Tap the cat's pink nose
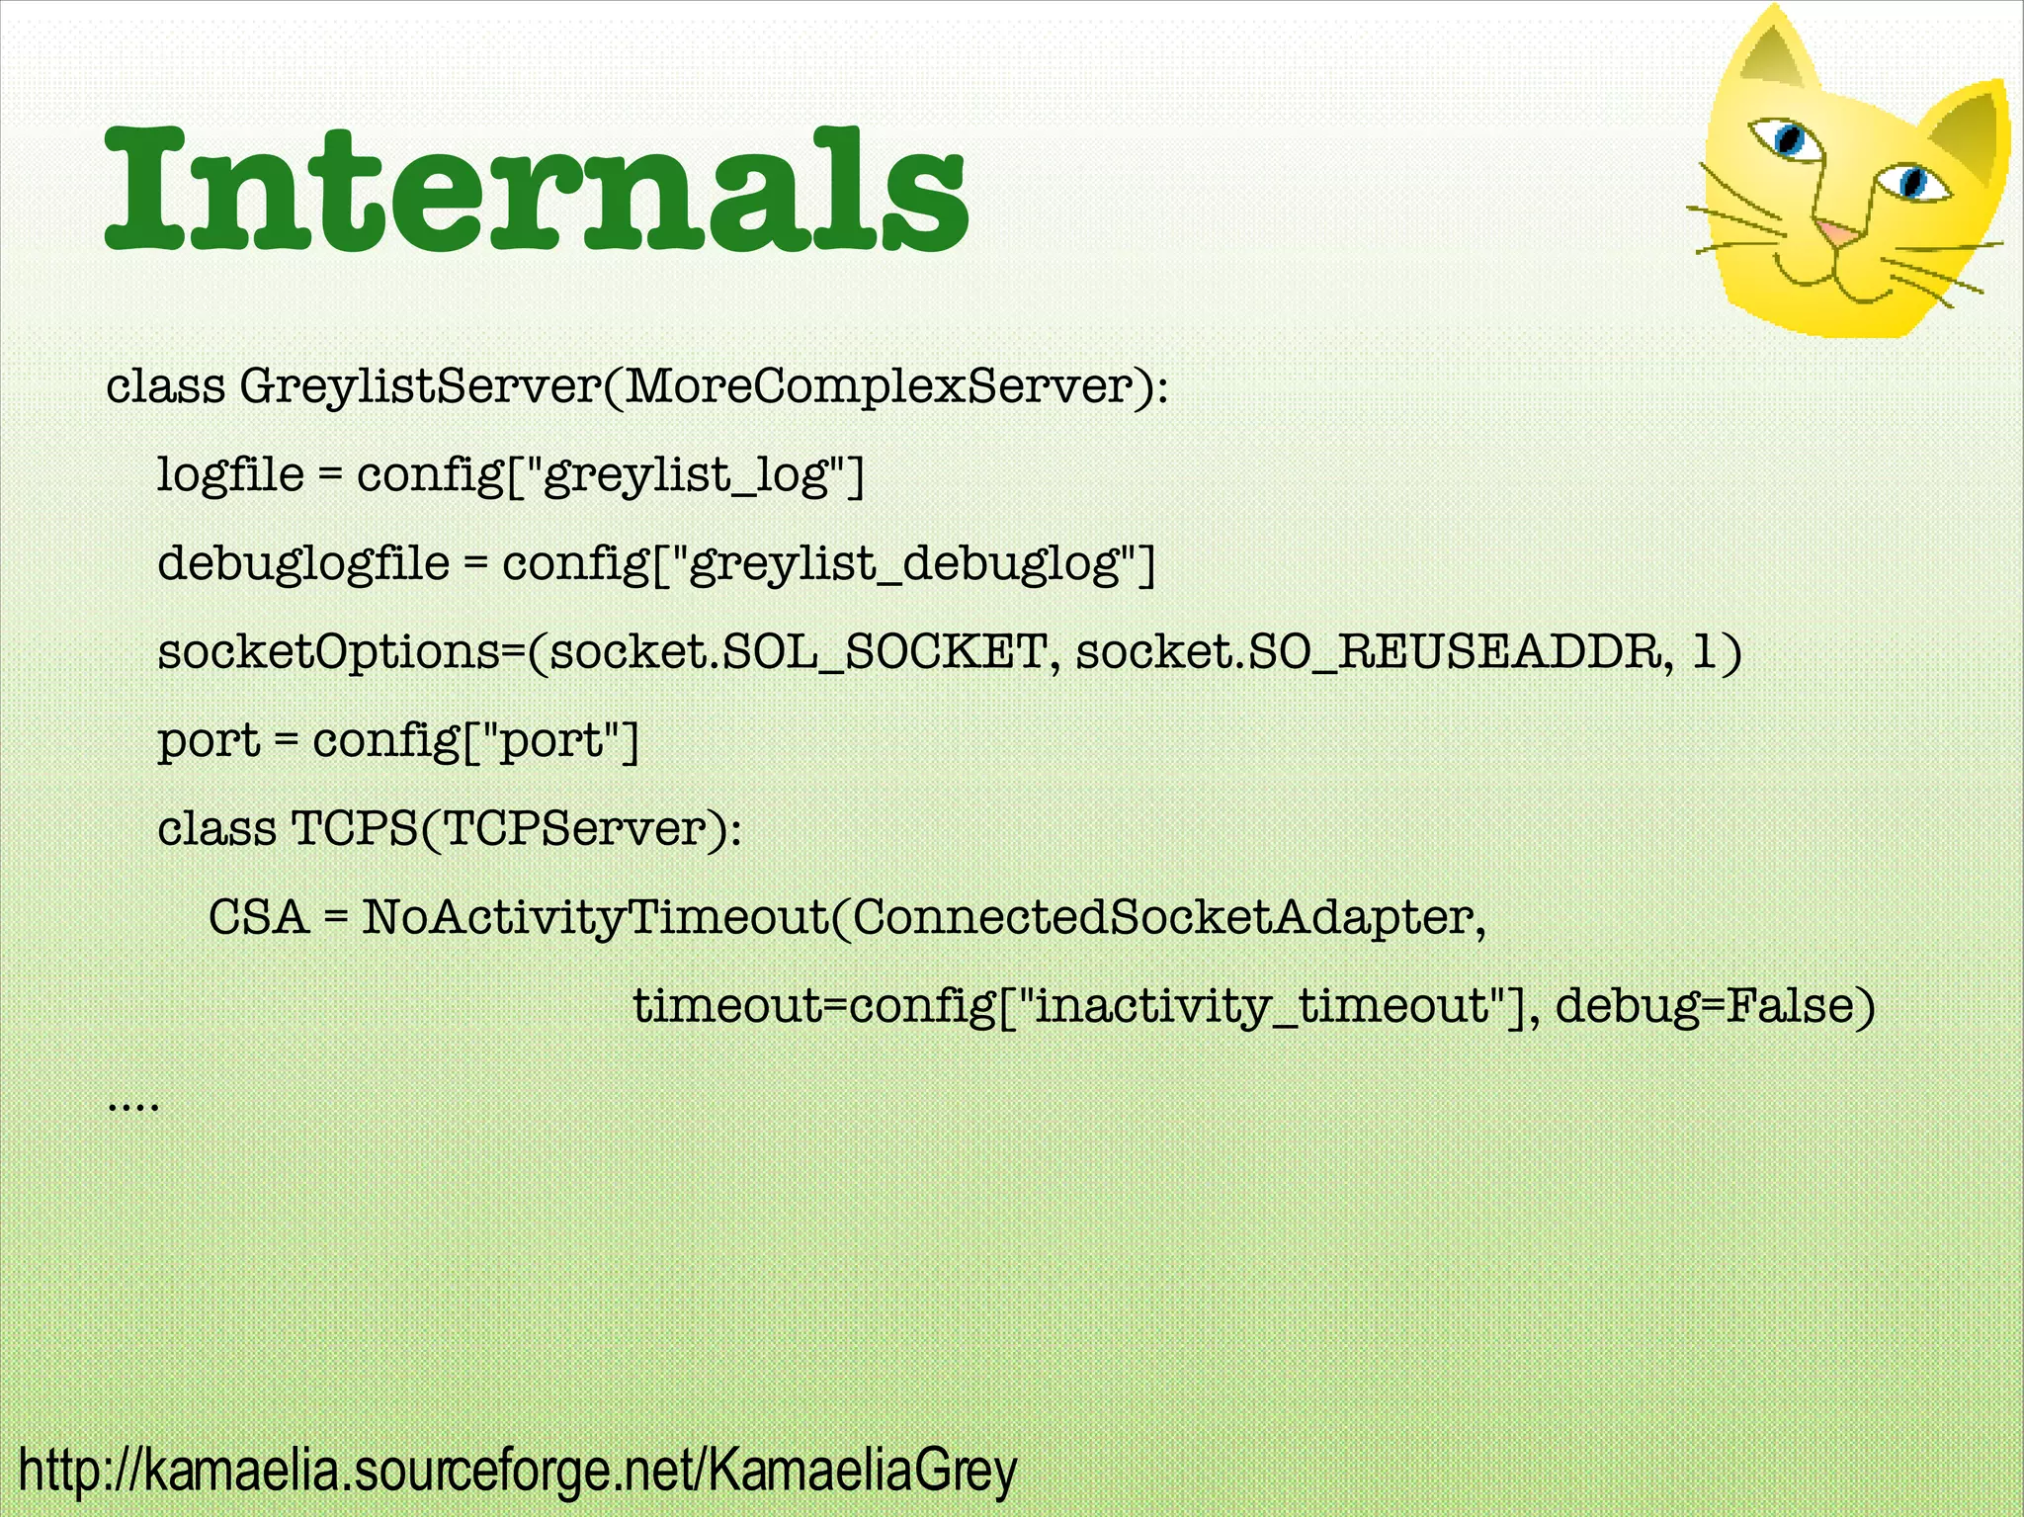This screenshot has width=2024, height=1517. pos(1837,233)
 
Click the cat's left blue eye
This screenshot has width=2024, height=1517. pos(1788,138)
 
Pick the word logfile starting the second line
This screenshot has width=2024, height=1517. pos(230,474)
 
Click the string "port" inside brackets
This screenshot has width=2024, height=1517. pos(549,740)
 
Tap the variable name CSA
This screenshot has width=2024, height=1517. pos(259,917)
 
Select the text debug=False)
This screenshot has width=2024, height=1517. pos(1715,1005)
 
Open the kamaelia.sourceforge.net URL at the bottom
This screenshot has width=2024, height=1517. pos(517,1471)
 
